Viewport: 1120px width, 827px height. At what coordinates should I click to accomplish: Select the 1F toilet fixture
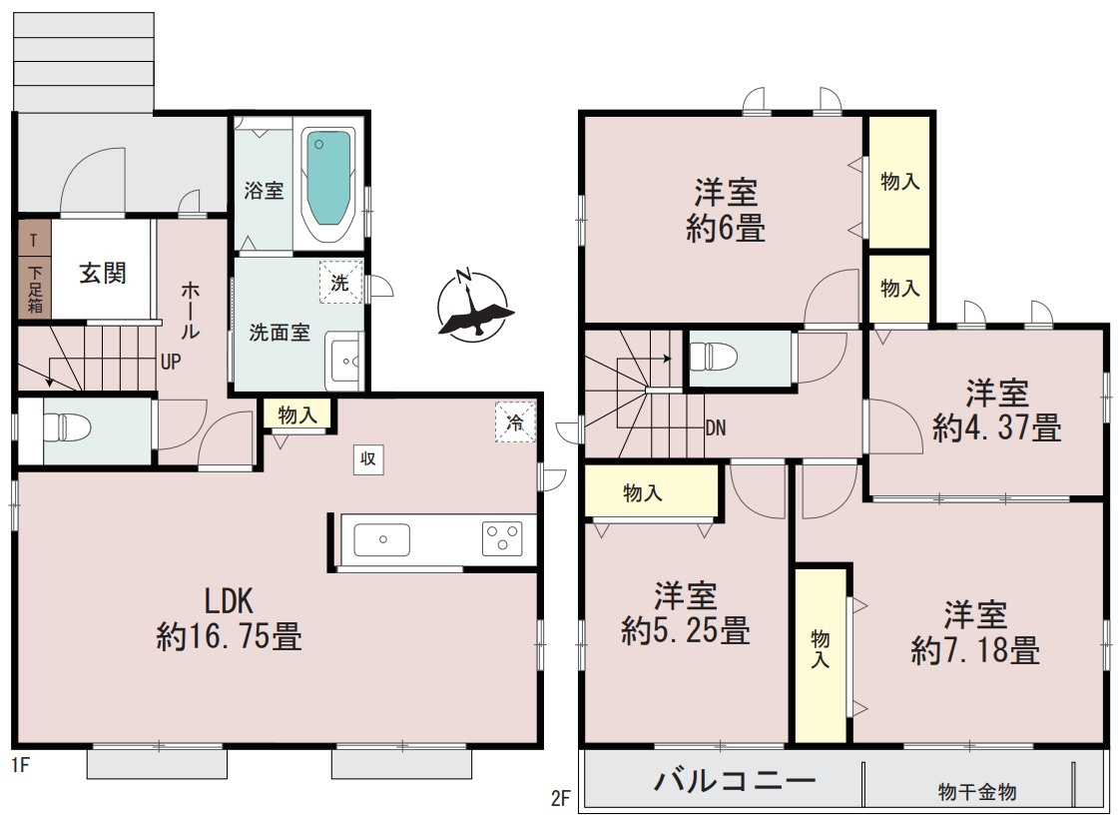71,428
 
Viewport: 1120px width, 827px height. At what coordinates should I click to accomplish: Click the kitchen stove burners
501,539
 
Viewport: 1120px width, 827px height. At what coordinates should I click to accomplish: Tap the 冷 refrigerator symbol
515,422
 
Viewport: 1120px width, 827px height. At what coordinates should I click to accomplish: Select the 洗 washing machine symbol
339,283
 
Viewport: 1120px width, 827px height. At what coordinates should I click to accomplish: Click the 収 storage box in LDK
367,458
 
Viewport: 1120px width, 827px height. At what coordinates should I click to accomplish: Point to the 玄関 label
103,273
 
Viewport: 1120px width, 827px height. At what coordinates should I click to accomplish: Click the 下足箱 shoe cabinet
34,286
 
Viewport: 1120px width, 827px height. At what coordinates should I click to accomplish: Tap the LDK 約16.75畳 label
230,619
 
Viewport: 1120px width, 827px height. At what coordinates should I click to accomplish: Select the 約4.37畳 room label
996,411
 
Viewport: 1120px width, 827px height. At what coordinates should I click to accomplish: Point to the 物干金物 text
976,792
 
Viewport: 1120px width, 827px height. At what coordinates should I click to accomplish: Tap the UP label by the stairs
171,362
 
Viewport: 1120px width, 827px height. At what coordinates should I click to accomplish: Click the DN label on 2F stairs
715,428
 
